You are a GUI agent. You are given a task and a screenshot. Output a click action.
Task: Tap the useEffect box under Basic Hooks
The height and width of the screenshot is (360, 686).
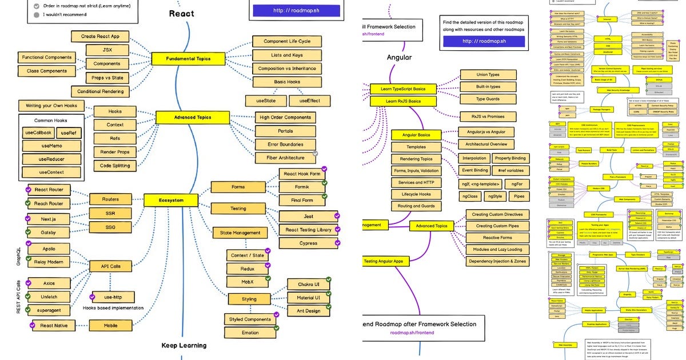[309, 101]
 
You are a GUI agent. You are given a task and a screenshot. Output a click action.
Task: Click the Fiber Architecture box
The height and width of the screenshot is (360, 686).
[285, 158]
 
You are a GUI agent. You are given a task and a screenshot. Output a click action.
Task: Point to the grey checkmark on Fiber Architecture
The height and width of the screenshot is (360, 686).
[316, 153]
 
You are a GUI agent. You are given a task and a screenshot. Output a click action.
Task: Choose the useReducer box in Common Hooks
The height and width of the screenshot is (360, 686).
[51, 159]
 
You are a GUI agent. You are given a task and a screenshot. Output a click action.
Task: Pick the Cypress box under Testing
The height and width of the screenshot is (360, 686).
[308, 243]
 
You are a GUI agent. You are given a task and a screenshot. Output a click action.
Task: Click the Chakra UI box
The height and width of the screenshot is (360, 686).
[308, 284]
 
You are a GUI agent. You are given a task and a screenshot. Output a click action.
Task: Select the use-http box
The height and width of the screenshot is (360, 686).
[113, 297]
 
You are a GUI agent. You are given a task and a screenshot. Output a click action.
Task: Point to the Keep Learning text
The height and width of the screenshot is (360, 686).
[184, 345]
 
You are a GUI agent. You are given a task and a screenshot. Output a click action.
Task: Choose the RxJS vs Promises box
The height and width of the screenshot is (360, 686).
[488, 117]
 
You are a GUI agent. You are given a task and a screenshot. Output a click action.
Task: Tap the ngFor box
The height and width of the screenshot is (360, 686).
[517, 184]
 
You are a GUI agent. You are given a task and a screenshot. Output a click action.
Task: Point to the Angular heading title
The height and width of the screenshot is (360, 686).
[399, 57]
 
